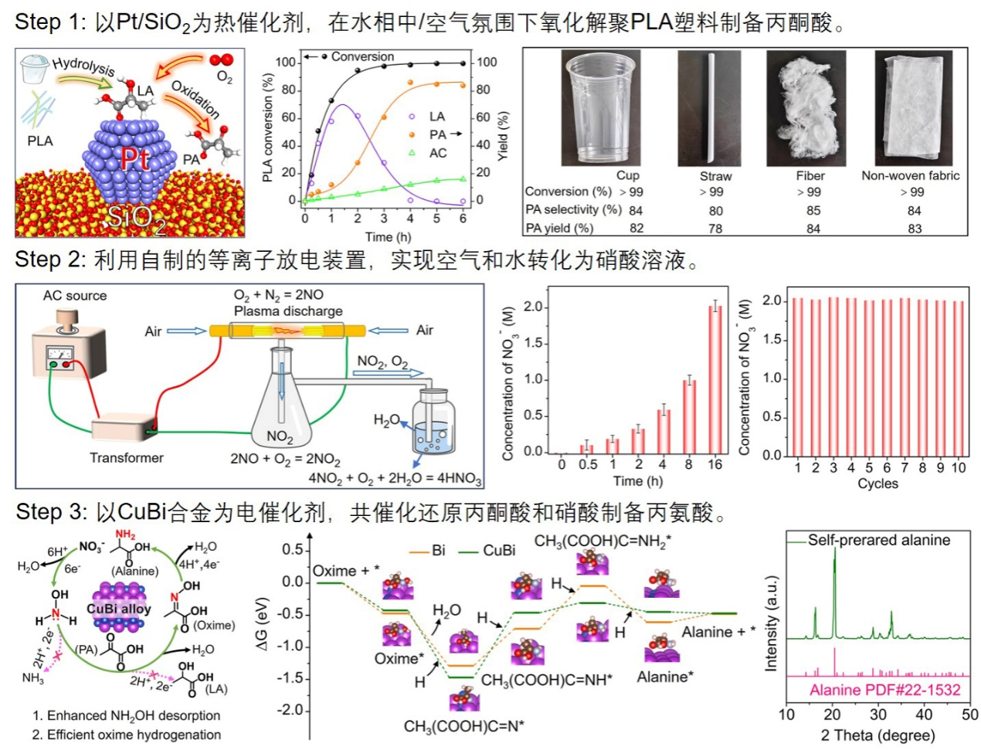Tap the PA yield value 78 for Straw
715,229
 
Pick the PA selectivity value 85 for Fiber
813,210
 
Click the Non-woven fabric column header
910,175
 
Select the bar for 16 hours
715,379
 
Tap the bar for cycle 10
959,378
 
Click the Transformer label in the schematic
127,458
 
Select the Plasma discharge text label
288,311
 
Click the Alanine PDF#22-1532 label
884,690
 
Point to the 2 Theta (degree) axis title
877,735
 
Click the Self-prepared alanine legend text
879,540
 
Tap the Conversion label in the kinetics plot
362,56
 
